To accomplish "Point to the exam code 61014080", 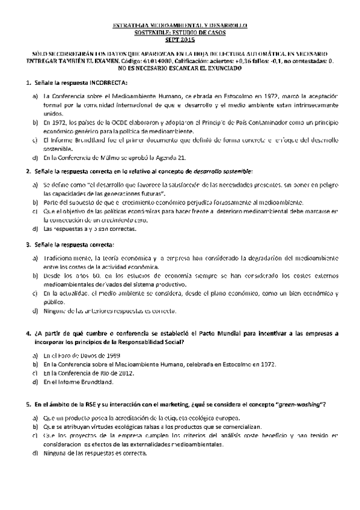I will [159, 61].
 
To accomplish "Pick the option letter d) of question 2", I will [35, 230].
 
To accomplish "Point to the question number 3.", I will [28, 245].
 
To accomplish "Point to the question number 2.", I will [28, 171].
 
